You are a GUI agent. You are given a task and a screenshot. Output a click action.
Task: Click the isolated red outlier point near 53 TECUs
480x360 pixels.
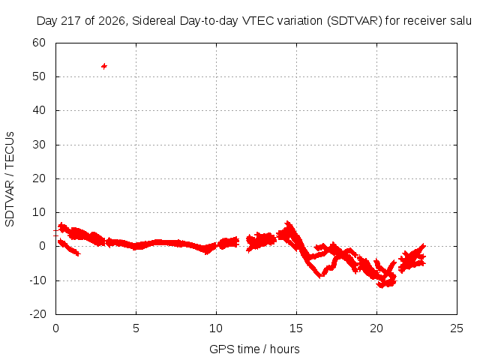pyautogui.click(x=104, y=66)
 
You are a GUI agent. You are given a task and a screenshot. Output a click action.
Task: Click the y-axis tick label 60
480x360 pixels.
pyautogui.click(x=39, y=43)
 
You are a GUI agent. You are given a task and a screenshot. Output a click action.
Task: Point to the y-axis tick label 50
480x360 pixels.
pyautogui.click(x=39, y=76)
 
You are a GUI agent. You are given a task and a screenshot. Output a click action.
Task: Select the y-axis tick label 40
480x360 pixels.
pyautogui.click(x=39, y=110)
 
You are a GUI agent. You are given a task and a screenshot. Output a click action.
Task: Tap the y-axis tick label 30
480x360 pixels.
pyautogui.click(x=39, y=145)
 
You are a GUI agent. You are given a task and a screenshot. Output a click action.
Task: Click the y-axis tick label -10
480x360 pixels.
pyautogui.click(x=37, y=280)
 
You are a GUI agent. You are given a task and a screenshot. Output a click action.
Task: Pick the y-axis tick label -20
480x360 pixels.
pyautogui.click(x=37, y=314)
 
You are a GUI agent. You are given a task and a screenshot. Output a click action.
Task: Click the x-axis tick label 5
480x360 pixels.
pyautogui.click(x=136, y=328)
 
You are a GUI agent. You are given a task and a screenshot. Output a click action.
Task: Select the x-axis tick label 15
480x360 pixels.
pyautogui.click(x=296, y=328)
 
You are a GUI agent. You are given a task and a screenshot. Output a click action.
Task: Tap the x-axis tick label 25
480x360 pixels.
pyautogui.click(x=457, y=328)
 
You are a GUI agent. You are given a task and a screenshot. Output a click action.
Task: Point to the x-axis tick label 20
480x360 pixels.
pyautogui.click(x=376, y=328)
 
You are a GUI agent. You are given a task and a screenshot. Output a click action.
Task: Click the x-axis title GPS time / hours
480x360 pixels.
pyautogui.click(x=254, y=349)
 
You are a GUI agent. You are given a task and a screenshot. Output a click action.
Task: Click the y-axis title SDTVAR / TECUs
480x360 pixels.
pyautogui.click(x=10, y=179)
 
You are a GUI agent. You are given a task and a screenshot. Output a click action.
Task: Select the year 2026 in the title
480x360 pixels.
pyautogui.click(x=112, y=21)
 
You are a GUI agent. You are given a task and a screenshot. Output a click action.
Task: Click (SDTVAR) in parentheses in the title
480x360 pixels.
pyautogui.click(x=355, y=21)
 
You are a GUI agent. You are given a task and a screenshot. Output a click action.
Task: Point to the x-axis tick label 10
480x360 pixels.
pyautogui.click(x=216, y=328)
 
